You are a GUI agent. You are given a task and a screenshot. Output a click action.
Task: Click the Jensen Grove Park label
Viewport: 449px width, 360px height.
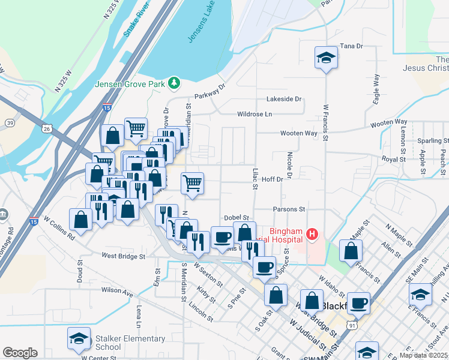click(x=130, y=84)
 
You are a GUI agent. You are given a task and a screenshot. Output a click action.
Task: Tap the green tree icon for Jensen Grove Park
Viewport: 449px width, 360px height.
click(x=175, y=82)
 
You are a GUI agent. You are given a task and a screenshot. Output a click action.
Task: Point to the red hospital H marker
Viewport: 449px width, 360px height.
click(x=312, y=233)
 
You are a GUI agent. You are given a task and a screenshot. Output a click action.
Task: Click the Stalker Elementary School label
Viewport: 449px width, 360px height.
click(x=130, y=343)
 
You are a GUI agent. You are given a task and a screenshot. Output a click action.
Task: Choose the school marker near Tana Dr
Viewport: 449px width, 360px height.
click(x=325, y=58)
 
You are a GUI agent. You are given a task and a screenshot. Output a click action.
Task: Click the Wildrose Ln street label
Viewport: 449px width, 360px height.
click(x=255, y=114)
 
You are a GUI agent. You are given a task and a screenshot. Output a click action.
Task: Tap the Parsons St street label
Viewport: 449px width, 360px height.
click(x=289, y=209)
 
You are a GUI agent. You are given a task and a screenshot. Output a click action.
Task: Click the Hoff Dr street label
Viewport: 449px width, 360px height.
click(x=272, y=179)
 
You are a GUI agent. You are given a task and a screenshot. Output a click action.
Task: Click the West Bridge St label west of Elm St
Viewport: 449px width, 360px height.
click(x=124, y=256)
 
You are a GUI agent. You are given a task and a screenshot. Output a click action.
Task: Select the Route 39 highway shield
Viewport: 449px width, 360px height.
click(x=10, y=122)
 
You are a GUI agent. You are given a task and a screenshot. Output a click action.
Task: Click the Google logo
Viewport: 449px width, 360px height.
click(x=20, y=353)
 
